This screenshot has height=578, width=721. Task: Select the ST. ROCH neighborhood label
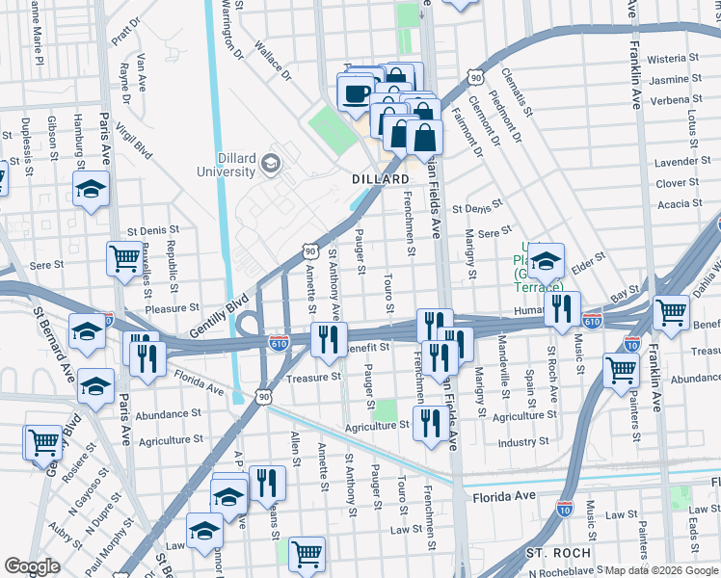[550, 553]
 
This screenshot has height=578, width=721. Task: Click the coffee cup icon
[357, 94]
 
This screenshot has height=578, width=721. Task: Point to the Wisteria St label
[673, 59]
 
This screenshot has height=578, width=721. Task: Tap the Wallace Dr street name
[274, 61]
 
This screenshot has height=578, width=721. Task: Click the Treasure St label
[314, 378]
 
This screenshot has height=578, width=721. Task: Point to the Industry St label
[523, 442]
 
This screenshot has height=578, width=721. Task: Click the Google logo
[32, 566]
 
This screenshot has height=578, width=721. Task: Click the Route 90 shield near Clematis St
[475, 75]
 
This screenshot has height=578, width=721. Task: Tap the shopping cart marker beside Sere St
[124, 258]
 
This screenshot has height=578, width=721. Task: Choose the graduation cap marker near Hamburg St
[91, 189]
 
